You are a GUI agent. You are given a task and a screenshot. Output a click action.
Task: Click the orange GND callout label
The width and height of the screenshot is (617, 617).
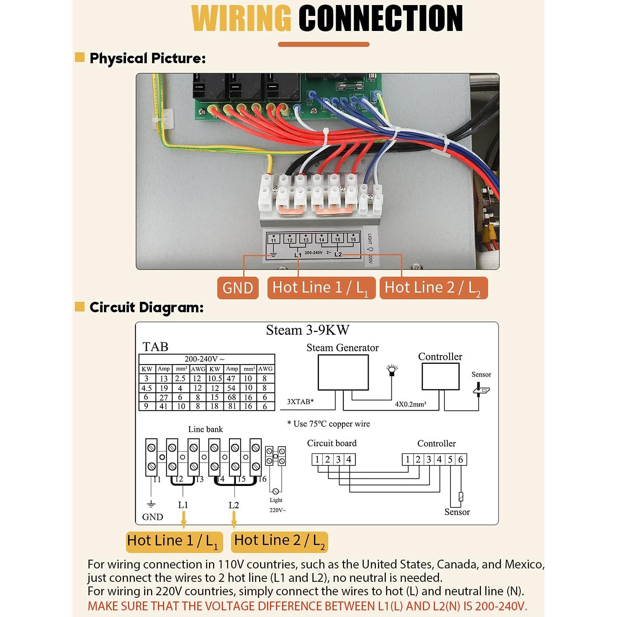(237, 288)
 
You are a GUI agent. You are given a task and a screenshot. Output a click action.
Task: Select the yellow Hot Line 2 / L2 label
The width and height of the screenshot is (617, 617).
(279, 541)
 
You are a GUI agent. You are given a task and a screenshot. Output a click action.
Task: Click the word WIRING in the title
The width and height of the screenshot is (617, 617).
(242, 18)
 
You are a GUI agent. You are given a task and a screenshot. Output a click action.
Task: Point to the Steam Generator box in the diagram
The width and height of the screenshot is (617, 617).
(343, 372)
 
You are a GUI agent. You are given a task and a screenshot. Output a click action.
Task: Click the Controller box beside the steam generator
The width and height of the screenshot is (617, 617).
(440, 376)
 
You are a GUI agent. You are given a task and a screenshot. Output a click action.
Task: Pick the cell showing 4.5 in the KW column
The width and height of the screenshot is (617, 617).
(147, 388)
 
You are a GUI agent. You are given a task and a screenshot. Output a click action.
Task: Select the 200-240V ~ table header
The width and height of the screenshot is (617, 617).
(205, 359)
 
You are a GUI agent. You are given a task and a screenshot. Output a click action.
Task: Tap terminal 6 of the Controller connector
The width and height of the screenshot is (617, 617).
(461, 459)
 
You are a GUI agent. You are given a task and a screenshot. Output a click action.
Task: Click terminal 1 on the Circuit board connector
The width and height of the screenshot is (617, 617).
(317, 459)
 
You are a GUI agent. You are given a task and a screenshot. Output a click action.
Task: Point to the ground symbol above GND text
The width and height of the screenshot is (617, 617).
(151, 504)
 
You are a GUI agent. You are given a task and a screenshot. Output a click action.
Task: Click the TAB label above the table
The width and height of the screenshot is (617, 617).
(155, 347)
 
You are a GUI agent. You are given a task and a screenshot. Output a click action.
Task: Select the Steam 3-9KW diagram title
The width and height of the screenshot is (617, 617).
(308, 330)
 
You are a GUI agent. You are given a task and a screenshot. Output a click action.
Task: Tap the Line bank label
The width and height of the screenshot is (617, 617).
(205, 429)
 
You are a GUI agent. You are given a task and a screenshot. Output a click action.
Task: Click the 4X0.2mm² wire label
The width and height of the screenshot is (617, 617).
(411, 404)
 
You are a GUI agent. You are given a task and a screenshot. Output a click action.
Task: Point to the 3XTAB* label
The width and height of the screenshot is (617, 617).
(300, 401)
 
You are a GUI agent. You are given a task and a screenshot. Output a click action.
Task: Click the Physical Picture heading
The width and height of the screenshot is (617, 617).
(147, 58)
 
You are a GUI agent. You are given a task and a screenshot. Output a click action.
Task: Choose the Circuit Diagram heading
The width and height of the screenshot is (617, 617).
(147, 307)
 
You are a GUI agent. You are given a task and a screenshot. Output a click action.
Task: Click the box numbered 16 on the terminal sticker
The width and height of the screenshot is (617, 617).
(353, 239)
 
